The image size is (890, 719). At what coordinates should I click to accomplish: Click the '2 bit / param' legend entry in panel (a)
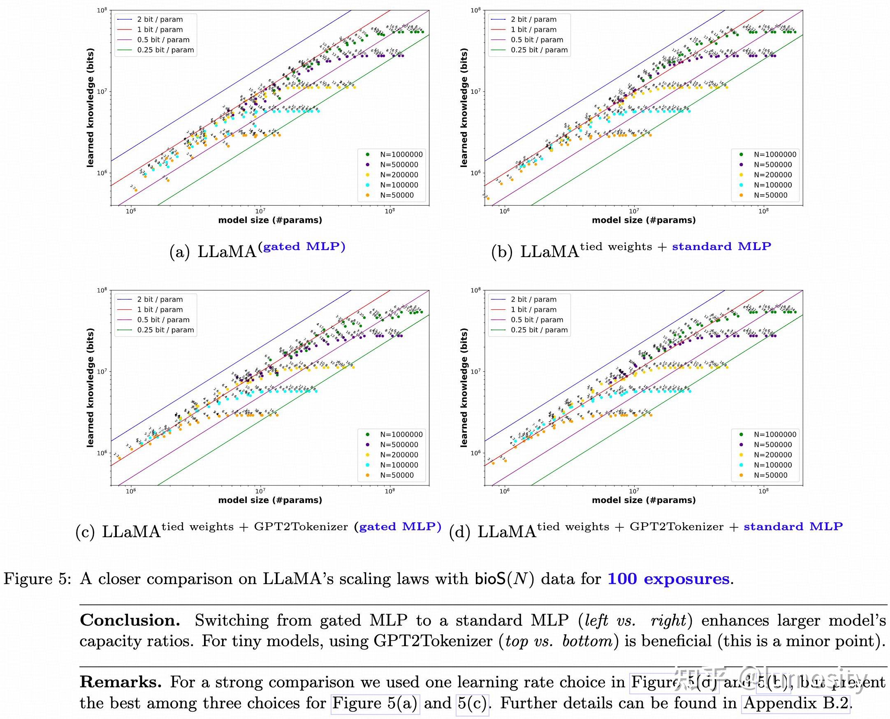(x=160, y=19)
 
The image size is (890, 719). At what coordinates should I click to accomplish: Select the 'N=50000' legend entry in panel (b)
(x=770, y=195)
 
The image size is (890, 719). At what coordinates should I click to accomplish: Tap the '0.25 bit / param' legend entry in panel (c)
(x=165, y=330)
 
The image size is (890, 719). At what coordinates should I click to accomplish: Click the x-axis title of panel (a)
(x=270, y=220)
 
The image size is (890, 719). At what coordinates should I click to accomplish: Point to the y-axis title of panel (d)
(x=464, y=387)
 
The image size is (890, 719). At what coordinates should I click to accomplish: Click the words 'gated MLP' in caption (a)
(x=304, y=247)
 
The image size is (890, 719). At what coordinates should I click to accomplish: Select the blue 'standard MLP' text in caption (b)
(x=721, y=247)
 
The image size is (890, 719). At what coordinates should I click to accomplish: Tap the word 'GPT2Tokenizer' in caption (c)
(x=301, y=527)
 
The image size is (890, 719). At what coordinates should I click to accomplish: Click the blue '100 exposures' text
(x=668, y=579)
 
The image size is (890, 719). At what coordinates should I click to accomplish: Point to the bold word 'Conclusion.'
(x=130, y=620)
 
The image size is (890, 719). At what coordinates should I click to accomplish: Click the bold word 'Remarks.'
(x=121, y=682)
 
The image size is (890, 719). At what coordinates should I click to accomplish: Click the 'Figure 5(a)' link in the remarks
(x=375, y=703)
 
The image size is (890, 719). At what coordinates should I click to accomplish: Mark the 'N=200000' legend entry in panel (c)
(x=399, y=455)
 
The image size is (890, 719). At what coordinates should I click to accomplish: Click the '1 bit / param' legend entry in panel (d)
(x=533, y=310)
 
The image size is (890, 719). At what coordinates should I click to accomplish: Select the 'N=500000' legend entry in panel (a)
(x=399, y=165)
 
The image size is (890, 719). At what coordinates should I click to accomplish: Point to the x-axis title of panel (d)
(x=644, y=500)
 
